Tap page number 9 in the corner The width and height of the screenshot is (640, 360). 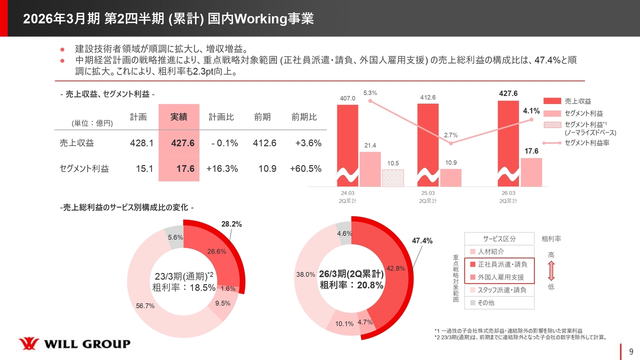click(631, 350)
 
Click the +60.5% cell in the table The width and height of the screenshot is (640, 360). click(305, 169)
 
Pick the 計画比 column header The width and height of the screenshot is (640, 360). click(221, 117)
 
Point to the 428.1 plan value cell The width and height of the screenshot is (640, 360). click(141, 143)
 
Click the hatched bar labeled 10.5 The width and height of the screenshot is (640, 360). click(393, 177)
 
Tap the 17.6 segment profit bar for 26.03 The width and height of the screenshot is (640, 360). click(531, 171)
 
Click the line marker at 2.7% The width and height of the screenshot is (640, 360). click(451, 143)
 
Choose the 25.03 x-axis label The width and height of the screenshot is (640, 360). click(428, 193)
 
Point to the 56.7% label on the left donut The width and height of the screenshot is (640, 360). click(145, 306)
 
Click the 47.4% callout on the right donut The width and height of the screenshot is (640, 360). click(422, 241)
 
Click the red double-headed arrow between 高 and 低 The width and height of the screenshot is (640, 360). click(550, 270)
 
